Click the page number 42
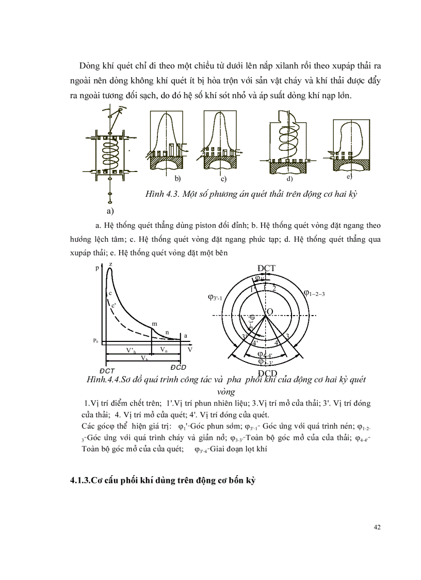pyautogui.click(x=376, y=527)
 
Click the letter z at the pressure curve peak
pyautogui.click(x=111, y=264)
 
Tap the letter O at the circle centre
pyautogui.click(x=270, y=311)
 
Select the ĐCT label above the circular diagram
pyautogui.click(x=266, y=268)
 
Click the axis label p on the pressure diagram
pyautogui.click(x=97, y=269)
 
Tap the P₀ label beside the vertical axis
pyautogui.click(x=96, y=340)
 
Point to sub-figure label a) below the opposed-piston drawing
pyautogui.click(x=109, y=211)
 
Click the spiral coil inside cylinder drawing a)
pyautogui.click(x=108, y=153)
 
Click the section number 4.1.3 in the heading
pyautogui.click(x=80, y=480)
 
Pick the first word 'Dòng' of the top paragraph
pyautogui.click(x=89, y=66)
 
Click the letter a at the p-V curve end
pyautogui.click(x=185, y=335)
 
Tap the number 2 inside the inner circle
pyautogui.click(x=274, y=288)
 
